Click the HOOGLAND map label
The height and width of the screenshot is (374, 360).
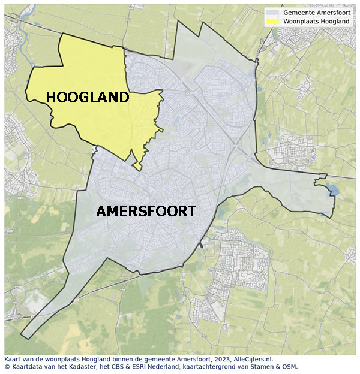87,97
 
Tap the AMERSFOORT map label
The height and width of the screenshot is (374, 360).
146,212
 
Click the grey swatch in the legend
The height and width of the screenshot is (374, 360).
274,12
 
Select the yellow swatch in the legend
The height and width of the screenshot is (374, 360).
274,21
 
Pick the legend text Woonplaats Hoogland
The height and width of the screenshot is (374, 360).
316,21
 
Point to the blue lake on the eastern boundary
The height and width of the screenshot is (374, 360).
332,191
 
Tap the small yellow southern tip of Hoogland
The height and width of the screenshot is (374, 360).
138,166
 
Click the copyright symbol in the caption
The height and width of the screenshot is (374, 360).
7,367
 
